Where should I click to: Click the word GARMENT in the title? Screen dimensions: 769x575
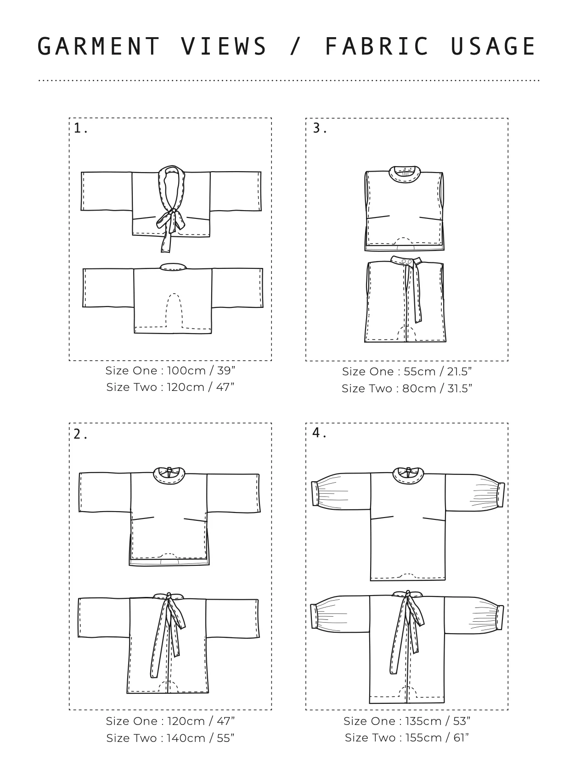click(98, 46)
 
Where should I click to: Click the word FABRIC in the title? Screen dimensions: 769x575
click(377, 46)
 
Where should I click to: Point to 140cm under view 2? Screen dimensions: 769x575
click(186, 738)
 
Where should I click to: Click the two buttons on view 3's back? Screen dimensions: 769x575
click(406, 261)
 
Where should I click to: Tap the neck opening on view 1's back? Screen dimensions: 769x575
click(173, 267)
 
